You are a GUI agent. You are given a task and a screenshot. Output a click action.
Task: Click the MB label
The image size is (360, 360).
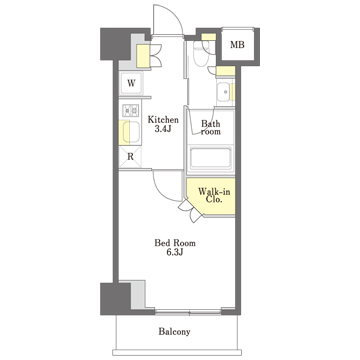coord(237,45)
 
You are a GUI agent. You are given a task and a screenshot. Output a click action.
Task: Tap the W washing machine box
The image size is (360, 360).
coord(131,83)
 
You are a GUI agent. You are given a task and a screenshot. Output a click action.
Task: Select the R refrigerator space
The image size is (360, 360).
coord(130,157)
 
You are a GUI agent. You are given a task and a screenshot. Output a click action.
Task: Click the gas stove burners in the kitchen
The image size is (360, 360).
coord(130,110)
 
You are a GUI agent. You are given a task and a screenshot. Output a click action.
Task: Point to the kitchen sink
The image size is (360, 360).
coord(131,132)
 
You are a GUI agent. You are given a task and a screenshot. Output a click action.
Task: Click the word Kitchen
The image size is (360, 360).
coord(163,119)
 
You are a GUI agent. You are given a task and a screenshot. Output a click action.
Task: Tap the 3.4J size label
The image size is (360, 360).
coord(163,129)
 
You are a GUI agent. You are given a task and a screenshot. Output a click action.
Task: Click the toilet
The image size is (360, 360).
coord(201,52)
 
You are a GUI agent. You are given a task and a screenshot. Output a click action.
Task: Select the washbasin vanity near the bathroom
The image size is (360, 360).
coord(225,92)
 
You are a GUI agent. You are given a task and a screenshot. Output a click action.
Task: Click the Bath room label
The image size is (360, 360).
coord(211,127)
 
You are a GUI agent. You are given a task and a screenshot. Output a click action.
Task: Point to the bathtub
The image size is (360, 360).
coord(210,158)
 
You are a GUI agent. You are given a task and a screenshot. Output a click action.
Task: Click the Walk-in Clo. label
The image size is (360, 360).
coord(210,196)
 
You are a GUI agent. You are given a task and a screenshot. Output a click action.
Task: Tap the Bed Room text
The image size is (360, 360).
coord(175,243)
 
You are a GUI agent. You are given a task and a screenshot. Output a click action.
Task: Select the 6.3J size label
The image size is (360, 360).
coord(175,253)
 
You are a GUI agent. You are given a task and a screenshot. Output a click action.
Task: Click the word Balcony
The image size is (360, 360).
coord(174,332)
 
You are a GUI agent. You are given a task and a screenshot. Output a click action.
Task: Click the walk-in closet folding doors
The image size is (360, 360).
coord(191,211)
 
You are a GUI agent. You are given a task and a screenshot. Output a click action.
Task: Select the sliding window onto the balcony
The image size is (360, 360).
coord(188,312)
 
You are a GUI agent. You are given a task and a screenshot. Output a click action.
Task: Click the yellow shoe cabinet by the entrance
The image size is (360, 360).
coord(143,55)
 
